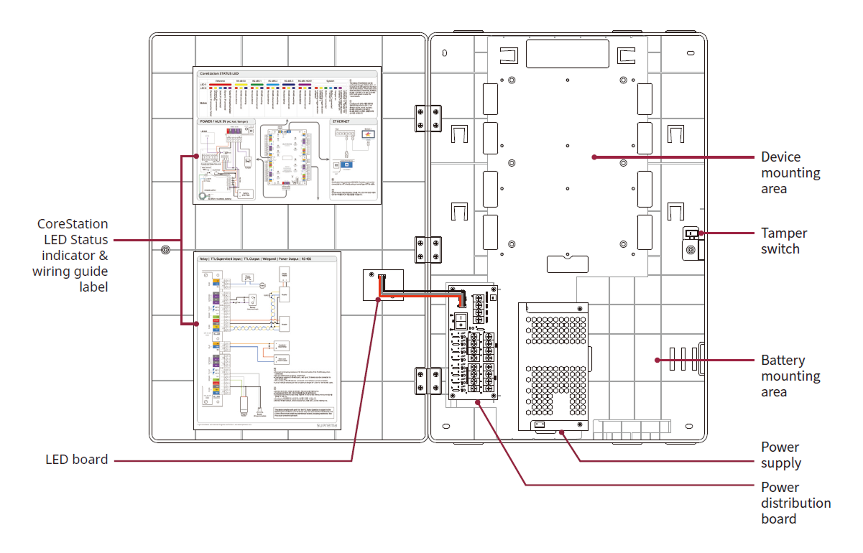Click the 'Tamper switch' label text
click(784, 241)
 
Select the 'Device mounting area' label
click(790, 172)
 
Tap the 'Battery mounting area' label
click(790, 376)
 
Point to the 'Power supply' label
click(781, 455)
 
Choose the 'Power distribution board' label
click(795, 503)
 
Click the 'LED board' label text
click(76, 460)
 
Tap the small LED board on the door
click(383, 285)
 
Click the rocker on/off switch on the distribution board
click(461, 316)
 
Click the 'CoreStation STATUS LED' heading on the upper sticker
click(229, 73)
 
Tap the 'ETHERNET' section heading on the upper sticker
click(342, 122)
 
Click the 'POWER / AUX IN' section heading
click(227, 122)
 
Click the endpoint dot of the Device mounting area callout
click(594, 157)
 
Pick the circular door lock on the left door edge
click(166, 251)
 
